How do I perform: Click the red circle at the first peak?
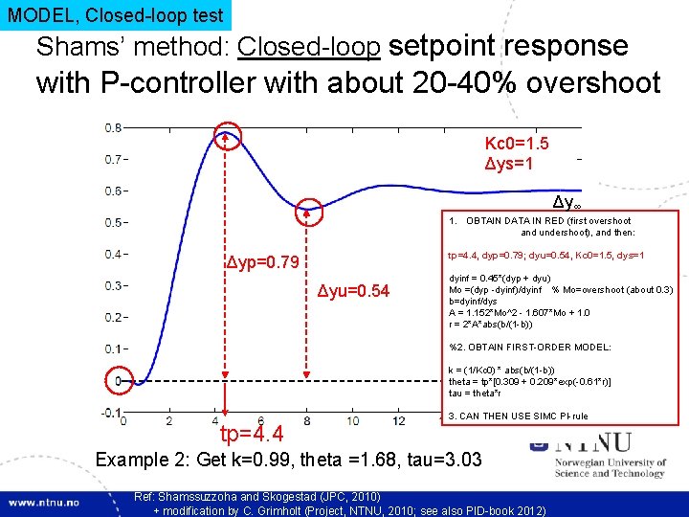click(x=227, y=136)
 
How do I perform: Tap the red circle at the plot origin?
click(x=120, y=380)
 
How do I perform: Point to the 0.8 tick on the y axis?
click(x=113, y=127)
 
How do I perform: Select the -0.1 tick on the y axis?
click(x=111, y=413)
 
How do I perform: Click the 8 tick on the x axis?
click(x=306, y=421)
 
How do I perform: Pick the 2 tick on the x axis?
click(x=169, y=421)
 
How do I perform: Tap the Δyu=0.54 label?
click(x=354, y=291)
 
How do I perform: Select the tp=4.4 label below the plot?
click(x=251, y=437)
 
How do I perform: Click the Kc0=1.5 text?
click(x=517, y=144)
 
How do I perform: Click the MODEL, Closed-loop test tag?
click(x=115, y=15)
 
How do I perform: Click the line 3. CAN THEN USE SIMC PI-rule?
click(x=519, y=416)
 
